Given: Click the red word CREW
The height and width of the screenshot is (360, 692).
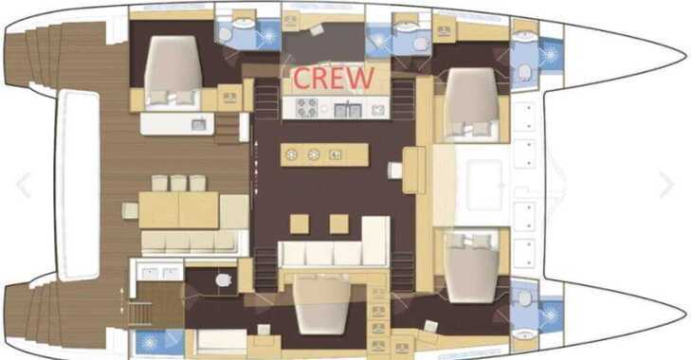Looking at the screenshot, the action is point(334,78).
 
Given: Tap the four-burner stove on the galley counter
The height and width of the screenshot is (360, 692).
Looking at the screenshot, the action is point(307,108).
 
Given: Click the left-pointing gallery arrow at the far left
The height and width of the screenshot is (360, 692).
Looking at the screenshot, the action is point(24,185).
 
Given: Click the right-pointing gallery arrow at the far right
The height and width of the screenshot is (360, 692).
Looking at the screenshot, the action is point(666,185).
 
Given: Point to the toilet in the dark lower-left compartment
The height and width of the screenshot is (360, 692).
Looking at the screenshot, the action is point(224,280).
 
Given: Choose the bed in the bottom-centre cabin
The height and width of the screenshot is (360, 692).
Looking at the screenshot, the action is point(322,304).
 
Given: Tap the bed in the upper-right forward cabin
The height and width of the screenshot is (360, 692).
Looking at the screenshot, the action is point(472,102).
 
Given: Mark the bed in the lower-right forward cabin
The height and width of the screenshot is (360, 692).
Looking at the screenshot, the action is point(472,267).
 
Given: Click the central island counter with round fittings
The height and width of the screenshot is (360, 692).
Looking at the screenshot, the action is point(324,154).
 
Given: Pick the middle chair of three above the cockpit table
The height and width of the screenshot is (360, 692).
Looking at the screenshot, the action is point(178,183).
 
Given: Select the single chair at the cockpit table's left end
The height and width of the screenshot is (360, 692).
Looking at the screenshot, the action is point(130,210).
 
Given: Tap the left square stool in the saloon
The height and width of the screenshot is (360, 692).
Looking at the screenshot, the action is point(300,224).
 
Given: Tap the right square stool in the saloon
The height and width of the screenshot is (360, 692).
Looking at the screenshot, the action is point(339,224).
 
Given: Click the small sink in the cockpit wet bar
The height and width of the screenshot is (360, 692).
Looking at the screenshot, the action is point(199,125).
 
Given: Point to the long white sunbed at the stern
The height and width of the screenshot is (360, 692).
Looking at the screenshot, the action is point(79,185).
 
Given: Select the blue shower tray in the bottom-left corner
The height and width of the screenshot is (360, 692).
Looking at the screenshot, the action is point(159,342).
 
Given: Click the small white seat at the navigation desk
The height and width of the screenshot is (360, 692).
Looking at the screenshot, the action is point(395,171).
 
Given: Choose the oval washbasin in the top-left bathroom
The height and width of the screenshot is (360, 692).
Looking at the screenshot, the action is point(244,24).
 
